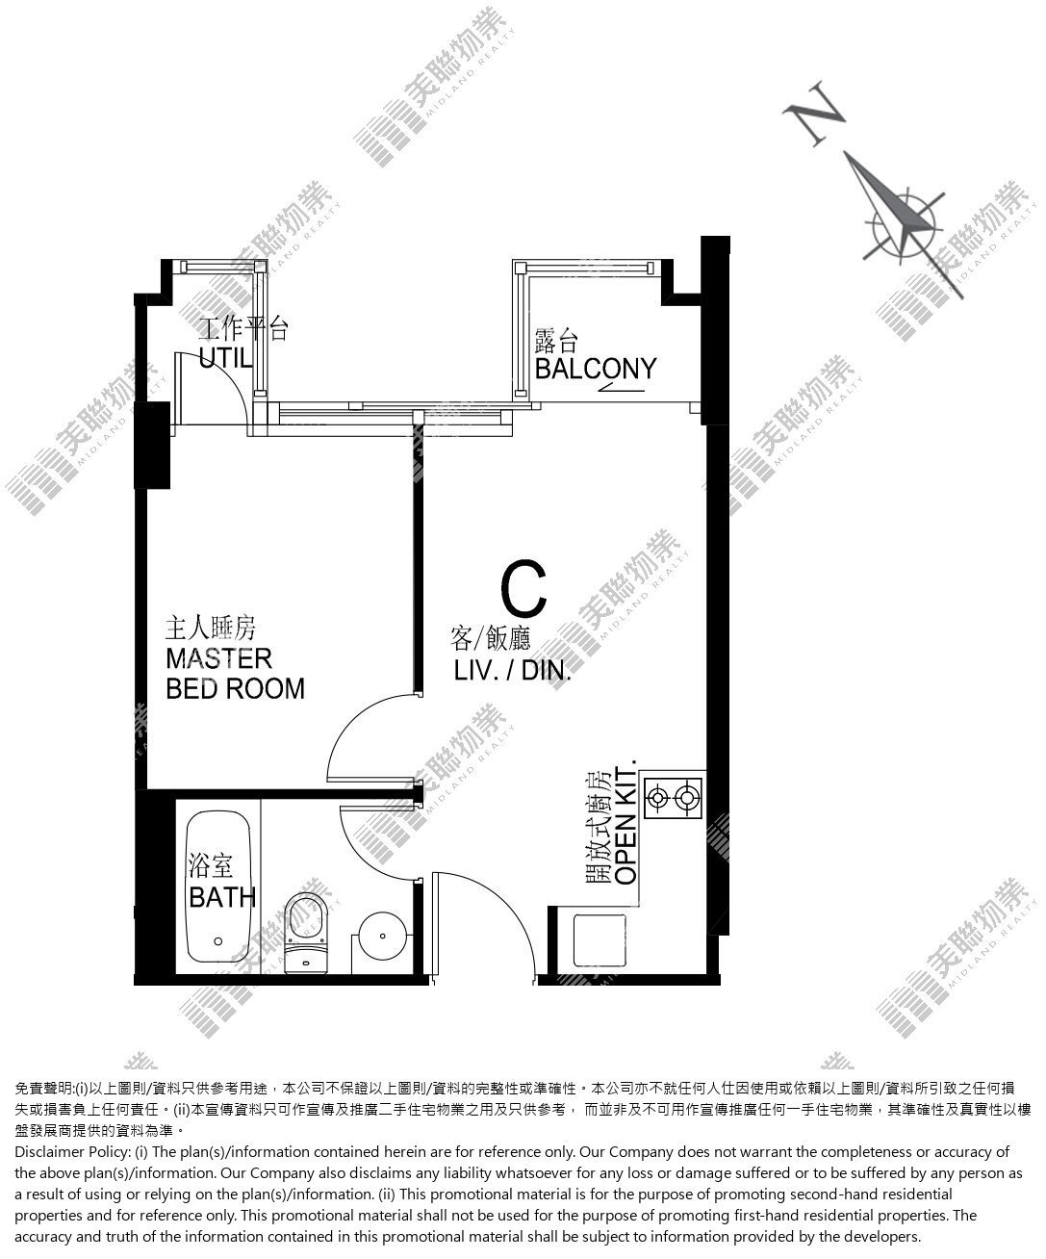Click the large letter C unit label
(x=523, y=588)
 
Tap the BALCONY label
(x=596, y=369)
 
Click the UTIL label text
(x=225, y=357)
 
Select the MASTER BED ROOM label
(x=235, y=674)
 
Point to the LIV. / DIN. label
(x=513, y=671)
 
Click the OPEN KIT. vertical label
(x=626, y=826)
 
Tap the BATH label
(x=222, y=898)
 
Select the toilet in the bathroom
(x=306, y=934)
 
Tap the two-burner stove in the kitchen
(x=674, y=798)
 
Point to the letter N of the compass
(x=814, y=113)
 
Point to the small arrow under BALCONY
(x=622, y=387)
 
